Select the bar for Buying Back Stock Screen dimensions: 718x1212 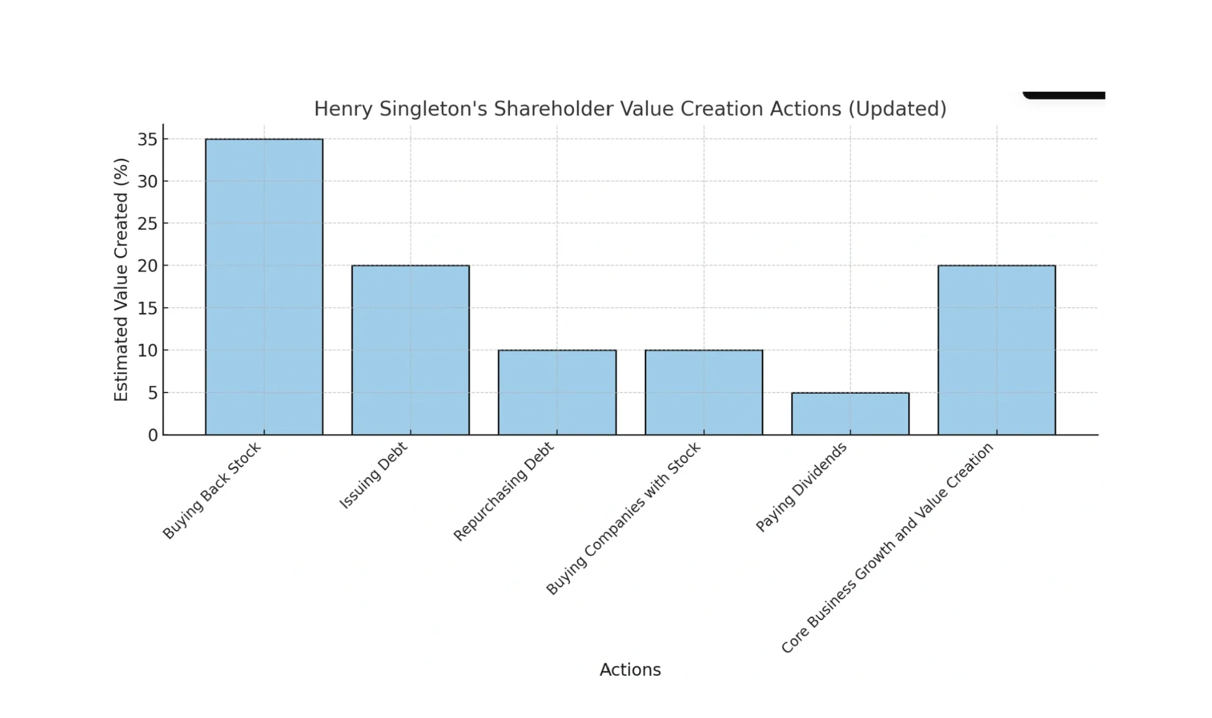coord(264,286)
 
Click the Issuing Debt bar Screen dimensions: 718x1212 coord(410,350)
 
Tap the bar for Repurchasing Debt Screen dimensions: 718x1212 coord(557,392)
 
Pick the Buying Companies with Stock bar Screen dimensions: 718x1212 coord(703,392)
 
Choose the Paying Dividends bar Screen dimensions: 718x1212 coord(850,413)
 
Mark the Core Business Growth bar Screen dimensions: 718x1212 coord(996,350)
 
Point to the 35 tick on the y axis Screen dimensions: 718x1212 coord(147,140)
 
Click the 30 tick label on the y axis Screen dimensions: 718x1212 coord(147,182)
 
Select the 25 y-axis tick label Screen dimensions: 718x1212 coord(147,224)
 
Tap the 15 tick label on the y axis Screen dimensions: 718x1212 coord(147,308)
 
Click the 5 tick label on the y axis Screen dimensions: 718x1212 coord(152,393)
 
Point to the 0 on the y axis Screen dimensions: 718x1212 coord(152,435)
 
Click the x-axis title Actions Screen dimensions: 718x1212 coord(630,670)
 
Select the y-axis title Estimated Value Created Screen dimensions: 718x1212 coord(121,280)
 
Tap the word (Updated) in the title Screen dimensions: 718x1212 coord(897,109)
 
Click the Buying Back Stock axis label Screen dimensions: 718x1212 coord(212,490)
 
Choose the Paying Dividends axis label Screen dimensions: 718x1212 coord(801,487)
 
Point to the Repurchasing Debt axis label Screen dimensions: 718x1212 coord(503,492)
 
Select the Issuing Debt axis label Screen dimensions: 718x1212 coord(373,476)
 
